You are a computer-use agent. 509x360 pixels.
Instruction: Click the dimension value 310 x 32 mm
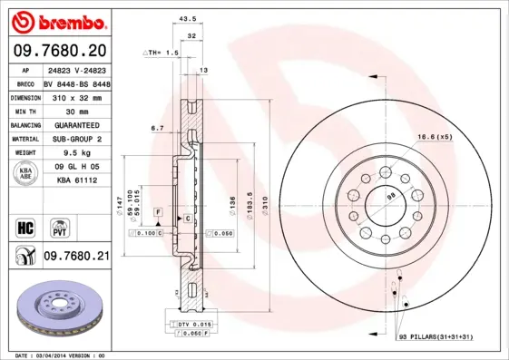(75, 95)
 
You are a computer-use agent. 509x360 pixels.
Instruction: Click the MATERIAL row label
(24, 139)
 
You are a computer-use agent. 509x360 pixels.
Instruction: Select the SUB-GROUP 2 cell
(75, 139)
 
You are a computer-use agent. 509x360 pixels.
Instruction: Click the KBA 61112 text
(75, 182)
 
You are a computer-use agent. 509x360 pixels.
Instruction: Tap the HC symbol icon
(24, 227)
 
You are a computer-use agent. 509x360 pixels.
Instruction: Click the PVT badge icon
(60, 227)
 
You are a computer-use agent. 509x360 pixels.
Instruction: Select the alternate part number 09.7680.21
(75, 257)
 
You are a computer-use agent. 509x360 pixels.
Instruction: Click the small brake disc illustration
(60, 311)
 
